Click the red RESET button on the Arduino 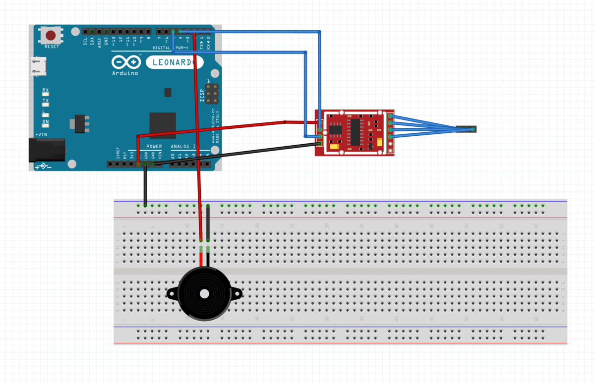(51, 36)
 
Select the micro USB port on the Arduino (38, 66)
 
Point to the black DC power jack (47, 150)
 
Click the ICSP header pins (212, 94)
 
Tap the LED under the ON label (46, 127)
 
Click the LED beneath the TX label (46, 106)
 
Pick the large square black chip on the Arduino (163, 125)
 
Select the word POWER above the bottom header (154, 147)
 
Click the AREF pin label (99, 42)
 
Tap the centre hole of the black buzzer (204, 294)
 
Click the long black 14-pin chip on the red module (356, 132)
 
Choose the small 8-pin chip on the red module (336, 129)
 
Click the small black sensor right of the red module (466, 129)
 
